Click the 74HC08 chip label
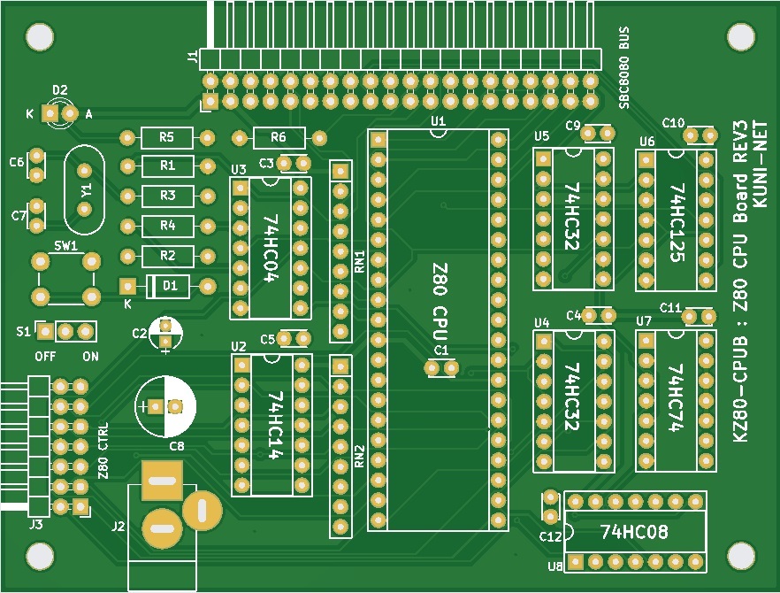pyautogui.click(x=634, y=532)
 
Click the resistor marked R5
pyautogui.click(x=166, y=137)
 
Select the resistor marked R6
pyautogui.click(x=279, y=137)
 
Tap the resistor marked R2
pyautogui.click(x=166, y=256)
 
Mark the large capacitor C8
pyautogui.click(x=165, y=406)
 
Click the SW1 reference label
pyautogui.click(x=65, y=245)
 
